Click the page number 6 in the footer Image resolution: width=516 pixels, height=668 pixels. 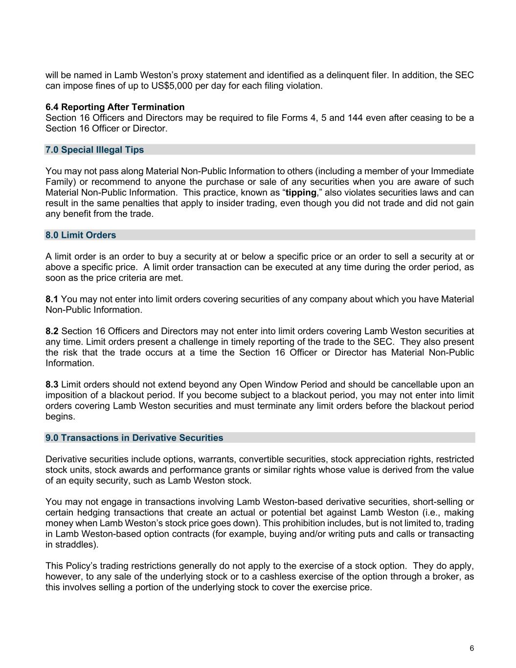(x=471, y=648)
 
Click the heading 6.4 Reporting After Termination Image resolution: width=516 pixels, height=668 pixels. (x=115, y=107)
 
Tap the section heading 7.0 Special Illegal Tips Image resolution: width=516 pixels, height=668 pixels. (x=94, y=150)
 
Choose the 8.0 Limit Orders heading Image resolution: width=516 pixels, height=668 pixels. (x=81, y=235)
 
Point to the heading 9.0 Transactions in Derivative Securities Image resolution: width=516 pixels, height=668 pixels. (x=134, y=438)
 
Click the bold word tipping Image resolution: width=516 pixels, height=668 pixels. (x=301, y=193)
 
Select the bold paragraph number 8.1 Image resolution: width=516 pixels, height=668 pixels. (x=52, y=299)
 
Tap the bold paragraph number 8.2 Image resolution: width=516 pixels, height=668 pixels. (x=52, y=331)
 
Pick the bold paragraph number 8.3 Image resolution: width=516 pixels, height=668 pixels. (x=52, y=385)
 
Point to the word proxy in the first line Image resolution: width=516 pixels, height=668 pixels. (x=192, y=75)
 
